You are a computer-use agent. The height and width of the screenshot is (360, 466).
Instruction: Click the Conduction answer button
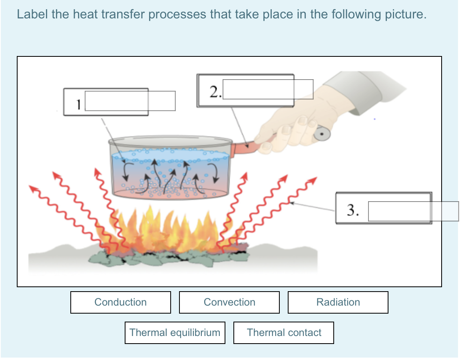pos(120,302)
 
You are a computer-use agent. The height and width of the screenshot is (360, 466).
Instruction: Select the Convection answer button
pos(229,302)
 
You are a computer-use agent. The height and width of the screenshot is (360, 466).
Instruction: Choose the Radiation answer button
pos(338,302)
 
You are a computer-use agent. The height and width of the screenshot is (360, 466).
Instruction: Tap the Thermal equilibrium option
pos(175,332)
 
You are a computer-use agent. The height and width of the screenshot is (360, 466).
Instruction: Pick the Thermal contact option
pos(283,332)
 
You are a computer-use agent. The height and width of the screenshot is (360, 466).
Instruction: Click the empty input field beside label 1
pos(130,101)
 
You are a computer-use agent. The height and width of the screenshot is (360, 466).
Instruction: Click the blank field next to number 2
pos(268,89)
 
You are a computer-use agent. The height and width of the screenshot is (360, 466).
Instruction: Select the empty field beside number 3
pos(413,211)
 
